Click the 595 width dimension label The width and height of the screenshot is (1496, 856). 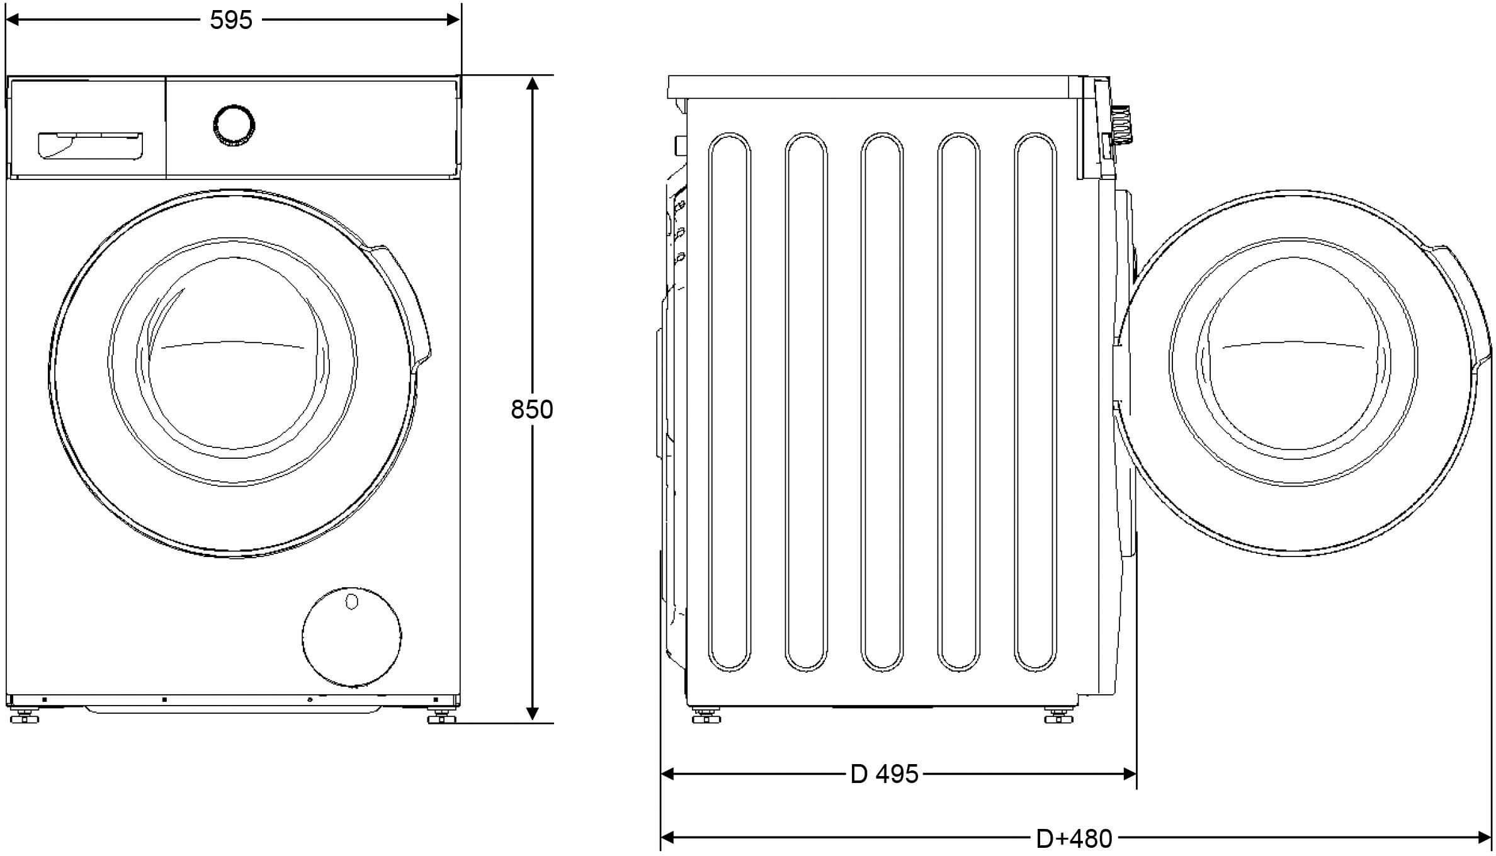(231, 20)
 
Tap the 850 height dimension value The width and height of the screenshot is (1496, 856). (532, 410)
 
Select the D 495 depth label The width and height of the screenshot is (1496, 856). (884, 774)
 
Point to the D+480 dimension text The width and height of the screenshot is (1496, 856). (1074, 838)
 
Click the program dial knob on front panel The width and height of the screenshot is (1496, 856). (234, 125)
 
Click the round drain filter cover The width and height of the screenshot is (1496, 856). (351, 638)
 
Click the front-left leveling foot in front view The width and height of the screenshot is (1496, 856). (23, 717)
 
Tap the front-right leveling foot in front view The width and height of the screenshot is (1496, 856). (441, 717)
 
